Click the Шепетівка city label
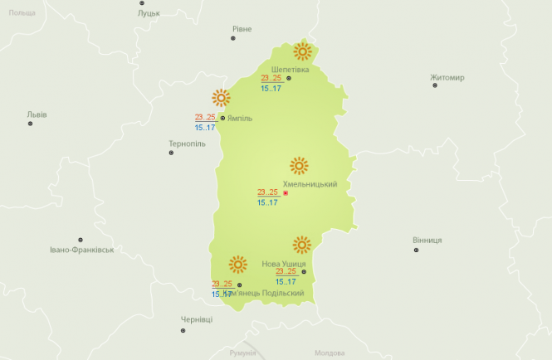pyautogui.click(x=290, y=69)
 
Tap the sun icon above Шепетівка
pyautogui.click(x=303, y=51)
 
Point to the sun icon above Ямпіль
pyautogui.click(x=220, y=97)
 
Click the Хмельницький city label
pyautogui.click(x=310, y=184)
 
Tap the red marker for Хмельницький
pyautogui.click(x=286, y=193)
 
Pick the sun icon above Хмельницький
pyautogui.click(x=299, y=164)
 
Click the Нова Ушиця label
pyautogui.click(x=283, y=264)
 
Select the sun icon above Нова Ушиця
pyautogui.click(x=301, y=245)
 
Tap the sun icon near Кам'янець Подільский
pyautogui.click(x=238, y=265)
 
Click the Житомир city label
pyautogui.click(x=447, y=78)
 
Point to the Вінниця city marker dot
pyautogui.click(x=416, y=250)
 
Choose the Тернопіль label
pyautogui.click(x=187, y=144)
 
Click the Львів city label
pyautogui.click(x=37, y=114)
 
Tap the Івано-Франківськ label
pyautogui.click(x=81, y=249)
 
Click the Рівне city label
pyautogui.click(x=242, y=29)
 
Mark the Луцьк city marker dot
pyautogui.click(x=142, y=3)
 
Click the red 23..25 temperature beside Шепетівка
pyautogui.click(x=271, y=78)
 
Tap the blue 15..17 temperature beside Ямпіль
pyautogui.click(x=205, y=127)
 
